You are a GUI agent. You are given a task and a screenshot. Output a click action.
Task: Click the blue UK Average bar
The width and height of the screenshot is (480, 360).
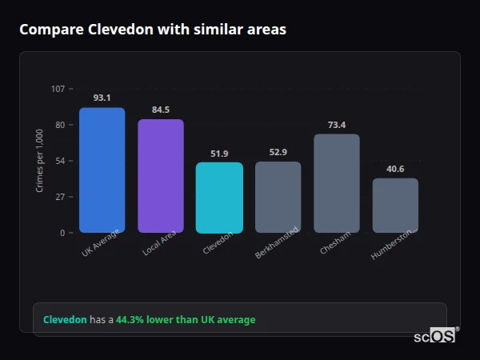(x=102, y=170)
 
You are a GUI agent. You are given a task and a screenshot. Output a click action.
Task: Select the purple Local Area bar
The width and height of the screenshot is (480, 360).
(x=161, y=176)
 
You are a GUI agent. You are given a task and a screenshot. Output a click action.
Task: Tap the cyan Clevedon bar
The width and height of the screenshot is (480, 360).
(x=219, y=198)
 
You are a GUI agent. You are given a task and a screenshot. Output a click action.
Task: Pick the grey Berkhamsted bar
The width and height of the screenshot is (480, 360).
(x=278, y=197)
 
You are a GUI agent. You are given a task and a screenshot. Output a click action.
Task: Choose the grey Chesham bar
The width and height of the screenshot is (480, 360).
(x=337, y=183)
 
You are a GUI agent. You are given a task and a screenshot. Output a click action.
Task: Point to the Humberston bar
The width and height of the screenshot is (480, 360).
(x=395, y=206)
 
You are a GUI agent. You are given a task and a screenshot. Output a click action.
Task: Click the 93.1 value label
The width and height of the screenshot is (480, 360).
(x=102, y=98)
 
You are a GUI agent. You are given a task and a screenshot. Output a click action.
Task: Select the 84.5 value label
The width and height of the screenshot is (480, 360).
(x=161, y=110)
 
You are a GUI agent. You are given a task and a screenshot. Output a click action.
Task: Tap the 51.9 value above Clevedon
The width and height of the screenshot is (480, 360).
(x=219, y=153)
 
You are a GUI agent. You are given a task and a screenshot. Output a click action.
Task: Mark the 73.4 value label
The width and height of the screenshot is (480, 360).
(x=337, y=124)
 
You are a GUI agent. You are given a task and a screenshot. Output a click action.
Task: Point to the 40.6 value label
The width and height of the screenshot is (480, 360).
(x=395, y=169)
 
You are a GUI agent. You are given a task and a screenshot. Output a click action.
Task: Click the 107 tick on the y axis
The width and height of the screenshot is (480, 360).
(x=58, y=89)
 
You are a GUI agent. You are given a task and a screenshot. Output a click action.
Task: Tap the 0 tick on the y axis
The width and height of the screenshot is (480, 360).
(x=62, y=233)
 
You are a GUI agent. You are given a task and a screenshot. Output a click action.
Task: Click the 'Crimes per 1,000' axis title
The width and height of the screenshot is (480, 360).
(x=39, y=160)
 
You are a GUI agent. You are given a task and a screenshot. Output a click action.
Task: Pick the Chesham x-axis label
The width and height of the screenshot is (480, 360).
(x=334, y=242)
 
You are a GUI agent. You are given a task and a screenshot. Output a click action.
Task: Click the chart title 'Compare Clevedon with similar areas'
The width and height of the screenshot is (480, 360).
(x=153, y=30)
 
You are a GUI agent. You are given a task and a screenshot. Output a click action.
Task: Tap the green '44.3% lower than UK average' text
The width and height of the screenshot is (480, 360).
(x=186, y=320)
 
